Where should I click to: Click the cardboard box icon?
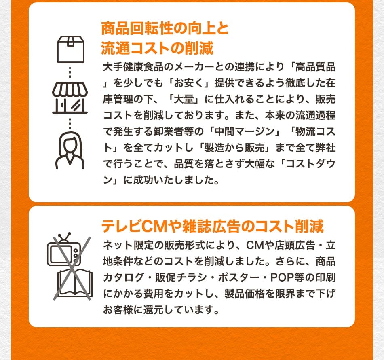pos(71,49)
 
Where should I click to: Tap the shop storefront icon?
pos(70,97)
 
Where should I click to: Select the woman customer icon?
pos(70,150)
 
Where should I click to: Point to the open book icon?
pos(75,283)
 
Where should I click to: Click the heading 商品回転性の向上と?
pos(165,28)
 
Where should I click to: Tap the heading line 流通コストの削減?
pos(157,48)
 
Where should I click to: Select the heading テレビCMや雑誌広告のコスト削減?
pos(213,226)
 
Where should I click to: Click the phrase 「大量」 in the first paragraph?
pos(185,99)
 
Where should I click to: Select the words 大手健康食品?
pos(133,67)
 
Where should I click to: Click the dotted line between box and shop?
pos(70,72)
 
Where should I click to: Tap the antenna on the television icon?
pos(64,237)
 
